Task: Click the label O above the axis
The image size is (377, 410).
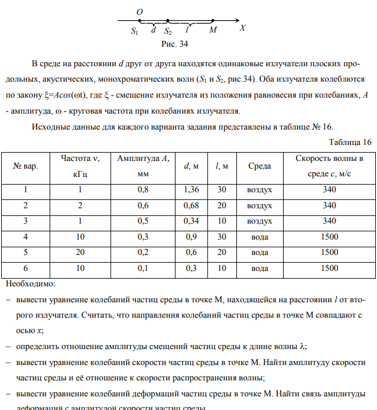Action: pos(140,12)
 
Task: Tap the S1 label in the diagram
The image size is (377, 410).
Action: pos(135,32)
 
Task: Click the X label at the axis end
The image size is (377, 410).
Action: pos(242,28)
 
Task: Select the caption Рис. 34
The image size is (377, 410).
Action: pos(175,44)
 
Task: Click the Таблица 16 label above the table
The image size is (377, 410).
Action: pos(350,142)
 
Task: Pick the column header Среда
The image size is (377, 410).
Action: pos(259,167)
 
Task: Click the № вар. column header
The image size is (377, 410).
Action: pos(25,167)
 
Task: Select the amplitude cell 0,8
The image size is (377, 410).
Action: pos(143,190)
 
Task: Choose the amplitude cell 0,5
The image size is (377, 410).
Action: pos(143,221)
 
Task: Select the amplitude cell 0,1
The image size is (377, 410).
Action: pos(143,268)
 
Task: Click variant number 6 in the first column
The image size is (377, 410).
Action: pos(25,268)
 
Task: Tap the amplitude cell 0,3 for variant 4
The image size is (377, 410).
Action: pos(143,237)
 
